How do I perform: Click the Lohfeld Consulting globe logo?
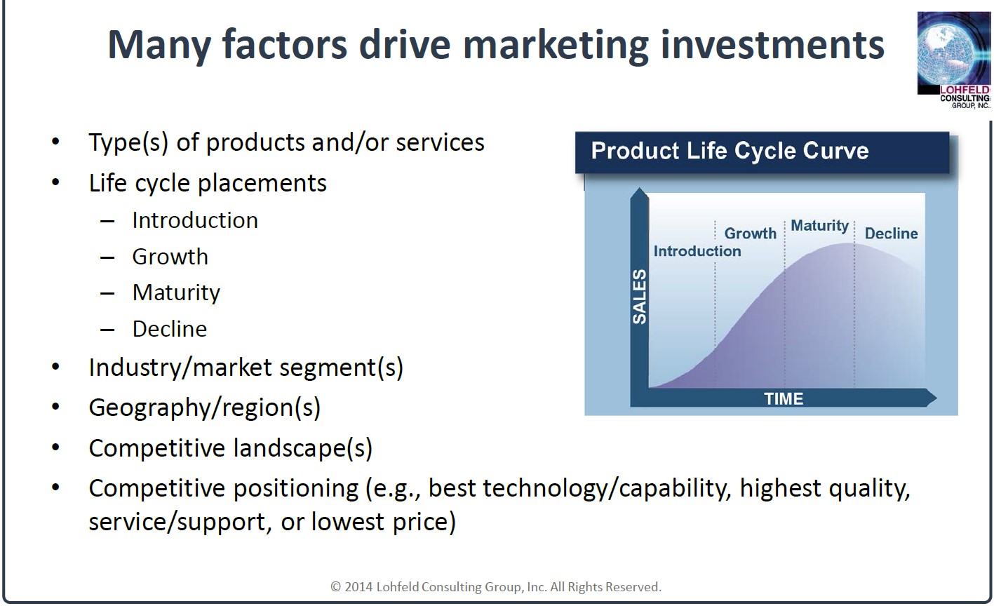(953, 60)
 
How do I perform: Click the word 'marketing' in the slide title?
(556, 46)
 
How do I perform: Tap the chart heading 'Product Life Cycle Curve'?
(730, 151)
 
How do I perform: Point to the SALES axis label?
(640, 297)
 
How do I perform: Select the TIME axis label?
(784, 398)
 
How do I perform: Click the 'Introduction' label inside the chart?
(697, 251)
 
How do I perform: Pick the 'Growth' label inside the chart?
(751, 234)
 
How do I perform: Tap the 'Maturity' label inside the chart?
(819, 226)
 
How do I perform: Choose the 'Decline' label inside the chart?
(891, 234)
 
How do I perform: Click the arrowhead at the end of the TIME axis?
(931, 398)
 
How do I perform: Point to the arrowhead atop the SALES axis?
(640, 194)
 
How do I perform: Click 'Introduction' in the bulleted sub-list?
(195, 220)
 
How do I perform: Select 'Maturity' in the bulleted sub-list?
(176, 293)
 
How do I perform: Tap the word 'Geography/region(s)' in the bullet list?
(205, 408)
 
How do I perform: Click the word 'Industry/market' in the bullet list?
(180, 368)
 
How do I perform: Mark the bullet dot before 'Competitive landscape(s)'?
(55, 447)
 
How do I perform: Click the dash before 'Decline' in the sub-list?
(107, 330)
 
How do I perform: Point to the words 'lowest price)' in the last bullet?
(384, 522)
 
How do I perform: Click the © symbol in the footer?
(336, 587)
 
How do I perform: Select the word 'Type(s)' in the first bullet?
(128, 143)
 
